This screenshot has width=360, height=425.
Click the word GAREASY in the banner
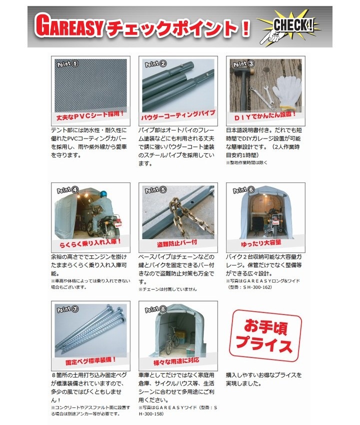click(x=69, y=26)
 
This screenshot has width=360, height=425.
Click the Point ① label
click(x=67, y=64)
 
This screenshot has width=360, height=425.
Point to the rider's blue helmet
click(x=103, y=194)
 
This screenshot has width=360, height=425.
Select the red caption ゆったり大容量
click(x=261, y=243)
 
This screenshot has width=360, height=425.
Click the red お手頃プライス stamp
click(x=265, y=336)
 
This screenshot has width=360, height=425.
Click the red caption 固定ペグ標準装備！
click(x=91, y=361)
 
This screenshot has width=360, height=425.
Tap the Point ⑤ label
click(x=155, y=189)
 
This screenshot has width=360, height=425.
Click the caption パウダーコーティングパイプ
click(x=178, y=115)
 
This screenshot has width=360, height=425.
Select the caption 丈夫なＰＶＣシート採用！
click(x=90, y=115)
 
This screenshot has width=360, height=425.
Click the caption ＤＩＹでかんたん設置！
click(x=265, y=115)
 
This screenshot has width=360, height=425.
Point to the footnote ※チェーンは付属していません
click(x=167, y=289)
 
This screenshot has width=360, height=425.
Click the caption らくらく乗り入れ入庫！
click(x=90, y=242)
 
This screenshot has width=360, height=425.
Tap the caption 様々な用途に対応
click(x=176, y=361)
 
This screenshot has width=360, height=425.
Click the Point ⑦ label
click(x=67, y=308)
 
